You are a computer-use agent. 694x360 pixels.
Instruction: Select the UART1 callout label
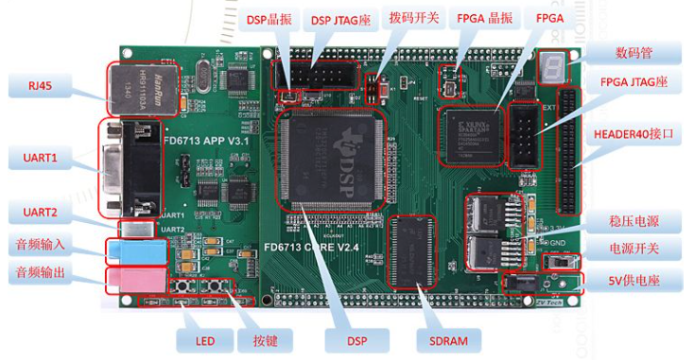tap(39, 157)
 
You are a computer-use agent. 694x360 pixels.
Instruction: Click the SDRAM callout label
tap(448, 340)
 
